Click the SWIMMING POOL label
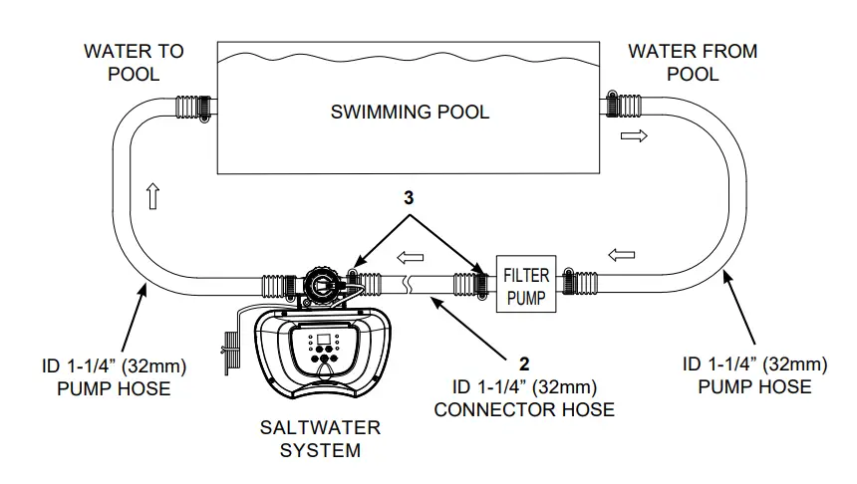pos(410,112)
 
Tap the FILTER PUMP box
pos(525,286)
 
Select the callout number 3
pos(408,197)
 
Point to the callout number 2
pos(522,363)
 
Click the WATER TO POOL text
pos(134,62)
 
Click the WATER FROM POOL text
pos(693,62)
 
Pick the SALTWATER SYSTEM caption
pos(320,438)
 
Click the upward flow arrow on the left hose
pos(152,196)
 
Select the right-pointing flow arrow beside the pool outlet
pos(633,136)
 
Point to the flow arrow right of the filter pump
pos(620,254)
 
